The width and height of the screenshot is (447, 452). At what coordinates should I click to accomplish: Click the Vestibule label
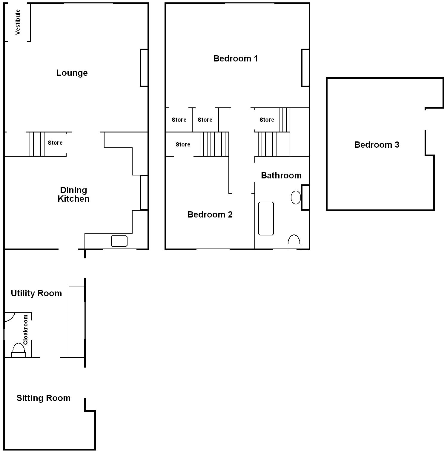coord(18,22)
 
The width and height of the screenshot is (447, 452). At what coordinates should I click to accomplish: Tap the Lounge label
coord(72,73)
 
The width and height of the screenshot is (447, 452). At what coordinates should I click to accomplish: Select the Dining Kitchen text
coord(73,194)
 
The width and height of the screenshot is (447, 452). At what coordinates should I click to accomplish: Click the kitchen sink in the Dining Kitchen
coord(119,241)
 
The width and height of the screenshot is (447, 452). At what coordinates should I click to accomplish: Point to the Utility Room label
coord(36,293)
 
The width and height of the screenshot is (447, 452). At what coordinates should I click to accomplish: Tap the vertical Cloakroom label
coord(25,329)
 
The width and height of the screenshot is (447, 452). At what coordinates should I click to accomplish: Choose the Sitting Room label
coord(43,398)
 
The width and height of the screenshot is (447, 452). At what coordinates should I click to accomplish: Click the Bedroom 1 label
coord(236,58)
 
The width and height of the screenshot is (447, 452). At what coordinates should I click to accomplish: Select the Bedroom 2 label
coord(210,215)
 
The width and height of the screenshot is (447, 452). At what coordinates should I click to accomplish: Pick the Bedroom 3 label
coord(377,145)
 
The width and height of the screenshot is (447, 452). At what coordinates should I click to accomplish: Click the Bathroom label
coord(281,175)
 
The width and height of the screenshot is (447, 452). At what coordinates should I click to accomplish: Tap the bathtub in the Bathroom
coord(266,218)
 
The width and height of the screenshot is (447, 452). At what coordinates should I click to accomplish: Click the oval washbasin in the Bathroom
coord(296,198)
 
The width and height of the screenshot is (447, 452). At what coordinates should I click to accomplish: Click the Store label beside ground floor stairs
coord(55,143)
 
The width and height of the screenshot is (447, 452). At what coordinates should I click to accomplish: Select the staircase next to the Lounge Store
coord(37,144)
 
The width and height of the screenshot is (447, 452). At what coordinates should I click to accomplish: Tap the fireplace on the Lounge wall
coord(144,68)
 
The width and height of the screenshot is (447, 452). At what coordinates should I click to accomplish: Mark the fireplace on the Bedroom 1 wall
coord(305,68)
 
